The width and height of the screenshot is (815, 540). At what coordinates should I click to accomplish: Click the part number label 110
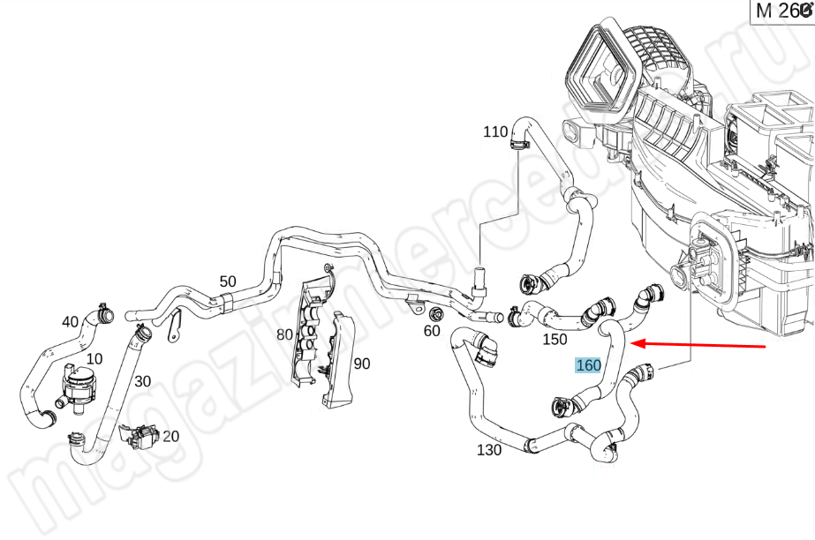click(495, 132)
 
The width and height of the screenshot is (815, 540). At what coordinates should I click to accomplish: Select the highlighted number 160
click(588, 365)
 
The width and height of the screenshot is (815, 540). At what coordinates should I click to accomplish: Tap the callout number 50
click(228, 281)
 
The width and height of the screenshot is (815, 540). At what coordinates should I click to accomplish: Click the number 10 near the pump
click(94, 359)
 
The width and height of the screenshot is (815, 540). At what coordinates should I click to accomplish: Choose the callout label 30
click(142, 381)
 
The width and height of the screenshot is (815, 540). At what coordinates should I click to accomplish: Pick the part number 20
click(170, 436)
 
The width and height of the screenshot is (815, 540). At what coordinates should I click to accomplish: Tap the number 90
click(362, 363)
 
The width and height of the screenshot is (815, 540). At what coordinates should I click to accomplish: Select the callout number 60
click(432, 331)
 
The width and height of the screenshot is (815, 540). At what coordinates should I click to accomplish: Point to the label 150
click(555, 339)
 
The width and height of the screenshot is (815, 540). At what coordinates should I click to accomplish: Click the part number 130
click(489, 450)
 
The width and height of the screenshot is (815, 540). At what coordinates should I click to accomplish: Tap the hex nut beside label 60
click(435, 314)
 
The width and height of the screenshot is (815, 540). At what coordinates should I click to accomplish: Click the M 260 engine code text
click(781, 11)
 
